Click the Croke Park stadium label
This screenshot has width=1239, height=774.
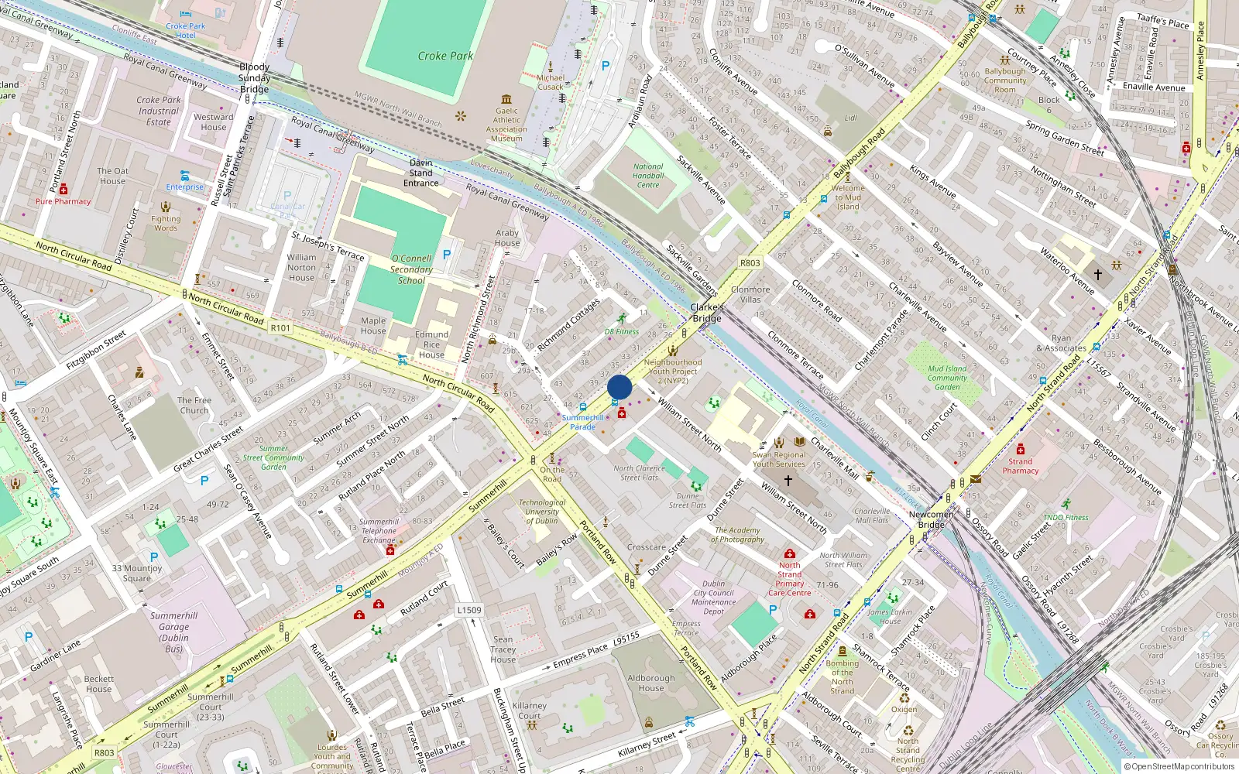click(x=445, y=56)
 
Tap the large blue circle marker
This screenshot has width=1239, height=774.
click(x=619, y=387)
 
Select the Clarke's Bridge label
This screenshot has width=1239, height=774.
click(x=706, y=313)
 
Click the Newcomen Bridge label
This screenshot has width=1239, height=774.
click(x=931, y=519)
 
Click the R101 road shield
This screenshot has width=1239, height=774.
click(x=280, y=328)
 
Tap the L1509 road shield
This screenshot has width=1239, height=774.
click(x=469, y=610)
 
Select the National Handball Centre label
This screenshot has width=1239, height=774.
click(x=648, y=176)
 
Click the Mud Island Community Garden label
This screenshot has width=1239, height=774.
click(x=947, y=378)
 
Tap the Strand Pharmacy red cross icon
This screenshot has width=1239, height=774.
click(x=1021, y=450)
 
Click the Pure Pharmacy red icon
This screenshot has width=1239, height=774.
click(x=63, y=190)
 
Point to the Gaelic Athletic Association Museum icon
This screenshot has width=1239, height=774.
click(x=506, y=99)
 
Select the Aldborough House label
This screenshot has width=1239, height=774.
click(x=650, y=683)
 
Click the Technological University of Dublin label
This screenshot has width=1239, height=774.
click(x=542, y=511)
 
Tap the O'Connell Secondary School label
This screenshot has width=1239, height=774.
click(x=411, y=269)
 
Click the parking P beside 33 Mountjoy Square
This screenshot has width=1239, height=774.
click(x=154, y=557)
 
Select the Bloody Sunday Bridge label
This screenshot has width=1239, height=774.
click(x=254, y=77)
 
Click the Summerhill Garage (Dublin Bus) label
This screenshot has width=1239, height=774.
click(x=173, y=632)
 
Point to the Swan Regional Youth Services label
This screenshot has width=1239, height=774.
click(x=778, y=459)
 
